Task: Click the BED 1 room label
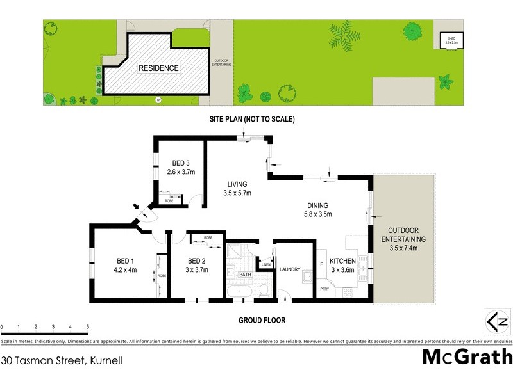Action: [124, 260]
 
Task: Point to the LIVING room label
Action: [236, 184]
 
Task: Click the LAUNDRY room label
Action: [290, 269]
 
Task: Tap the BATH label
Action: [245, 275]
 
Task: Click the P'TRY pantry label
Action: [325, 289]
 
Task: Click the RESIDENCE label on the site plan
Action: [159, 68]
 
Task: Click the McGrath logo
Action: [467, 356]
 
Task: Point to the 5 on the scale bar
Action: [87, 326]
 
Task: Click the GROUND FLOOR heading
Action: [262, 320]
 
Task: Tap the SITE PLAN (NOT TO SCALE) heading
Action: [251, 119]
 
